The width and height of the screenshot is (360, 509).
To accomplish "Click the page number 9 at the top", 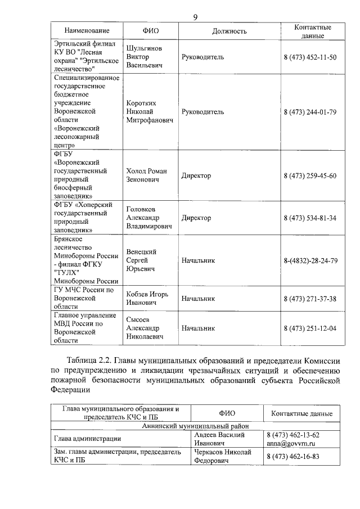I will coord(195,17).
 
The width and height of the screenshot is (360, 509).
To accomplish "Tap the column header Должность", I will coord(229,31).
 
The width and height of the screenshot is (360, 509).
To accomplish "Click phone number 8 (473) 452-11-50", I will coord(310,57).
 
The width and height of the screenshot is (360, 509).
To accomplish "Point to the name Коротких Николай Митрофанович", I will coord(149,111).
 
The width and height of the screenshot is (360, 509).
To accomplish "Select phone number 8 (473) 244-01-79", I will coord(310,111).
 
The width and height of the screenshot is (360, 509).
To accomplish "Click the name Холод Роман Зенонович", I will coord(147,175).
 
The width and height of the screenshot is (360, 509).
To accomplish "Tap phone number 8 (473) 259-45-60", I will coord(310,175).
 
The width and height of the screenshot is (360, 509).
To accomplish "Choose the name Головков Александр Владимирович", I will coord(149,218).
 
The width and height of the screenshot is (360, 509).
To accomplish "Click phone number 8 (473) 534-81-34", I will coord(310,218).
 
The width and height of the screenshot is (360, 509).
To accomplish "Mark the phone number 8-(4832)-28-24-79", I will coord(310,260).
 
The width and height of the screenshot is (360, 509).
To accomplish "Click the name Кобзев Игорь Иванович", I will coord(148,298).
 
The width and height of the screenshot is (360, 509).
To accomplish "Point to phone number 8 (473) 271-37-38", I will coord(310,298).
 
